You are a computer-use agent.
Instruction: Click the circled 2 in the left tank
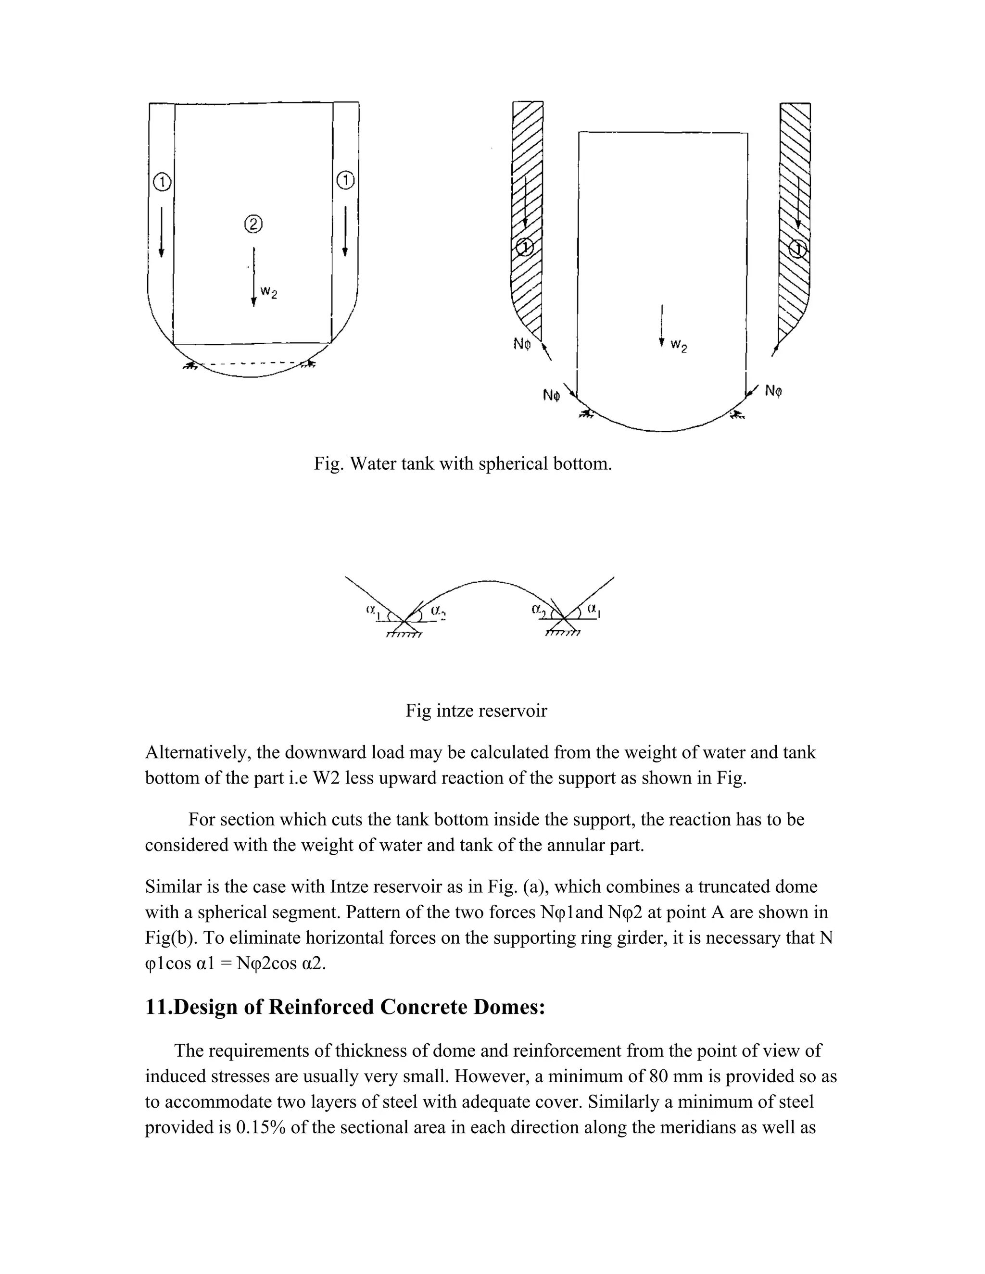[253, 224]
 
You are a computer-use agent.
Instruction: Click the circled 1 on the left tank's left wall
[162, 183]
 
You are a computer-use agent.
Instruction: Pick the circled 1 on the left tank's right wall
[345, 181]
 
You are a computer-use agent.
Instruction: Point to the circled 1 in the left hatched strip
[525, 247]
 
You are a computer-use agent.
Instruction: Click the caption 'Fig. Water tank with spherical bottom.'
[463, 464]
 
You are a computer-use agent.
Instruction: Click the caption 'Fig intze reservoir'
[476, 711]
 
